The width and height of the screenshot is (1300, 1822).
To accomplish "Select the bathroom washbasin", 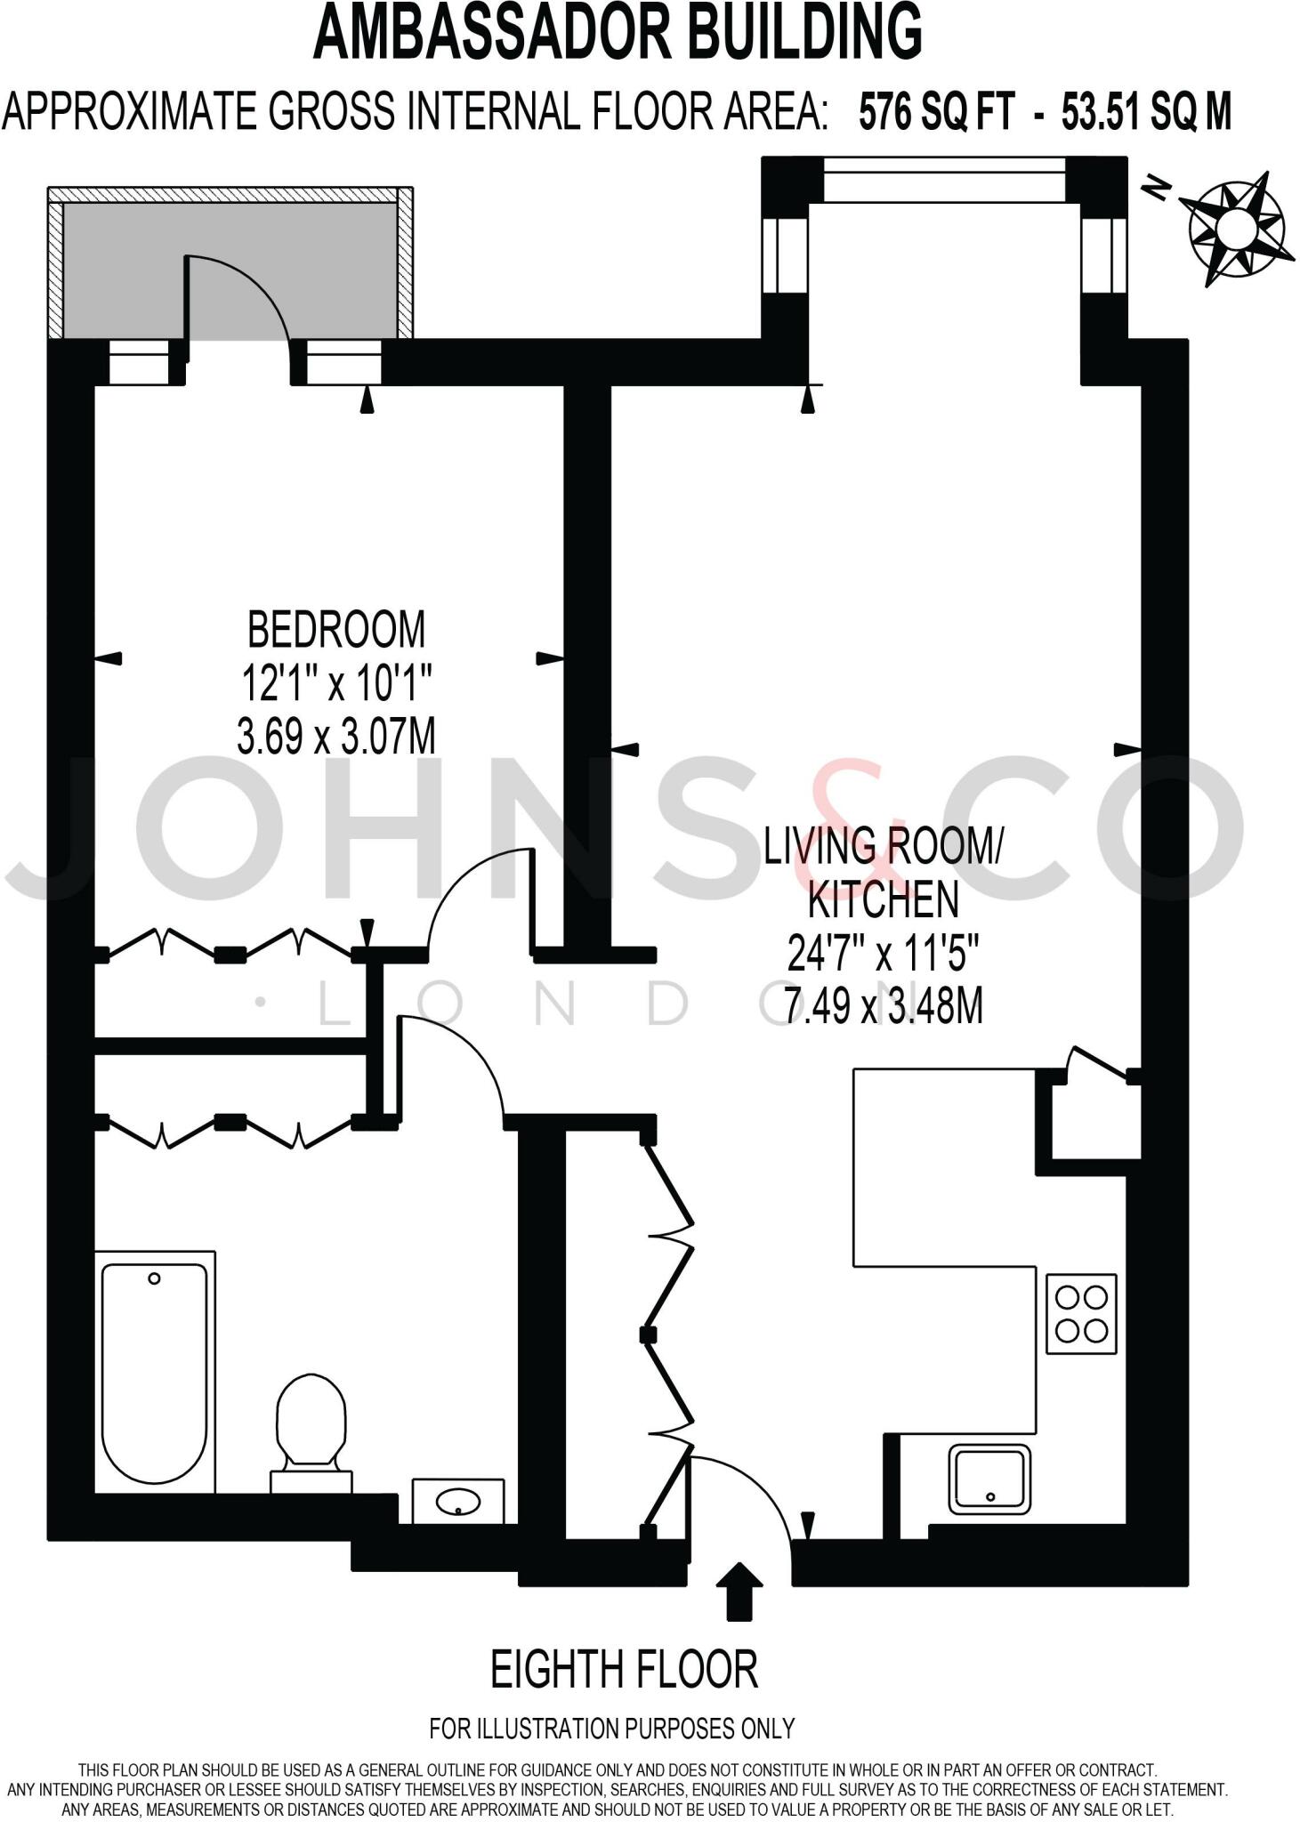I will pos(458,1503).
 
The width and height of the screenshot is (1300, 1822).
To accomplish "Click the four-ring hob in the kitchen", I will pos(1081,1314).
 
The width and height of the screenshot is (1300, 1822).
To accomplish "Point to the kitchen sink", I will pos(989,1478).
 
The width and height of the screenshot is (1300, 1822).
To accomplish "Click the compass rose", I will pos(1236,226).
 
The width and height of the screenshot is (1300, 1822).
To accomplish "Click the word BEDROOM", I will pos(335,630).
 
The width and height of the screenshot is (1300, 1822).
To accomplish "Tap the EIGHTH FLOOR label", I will pos(624,1669).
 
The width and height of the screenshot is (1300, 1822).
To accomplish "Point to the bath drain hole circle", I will pos(155,1278).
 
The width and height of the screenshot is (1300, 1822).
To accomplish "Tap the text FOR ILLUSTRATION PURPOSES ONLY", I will pos(611,1729).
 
